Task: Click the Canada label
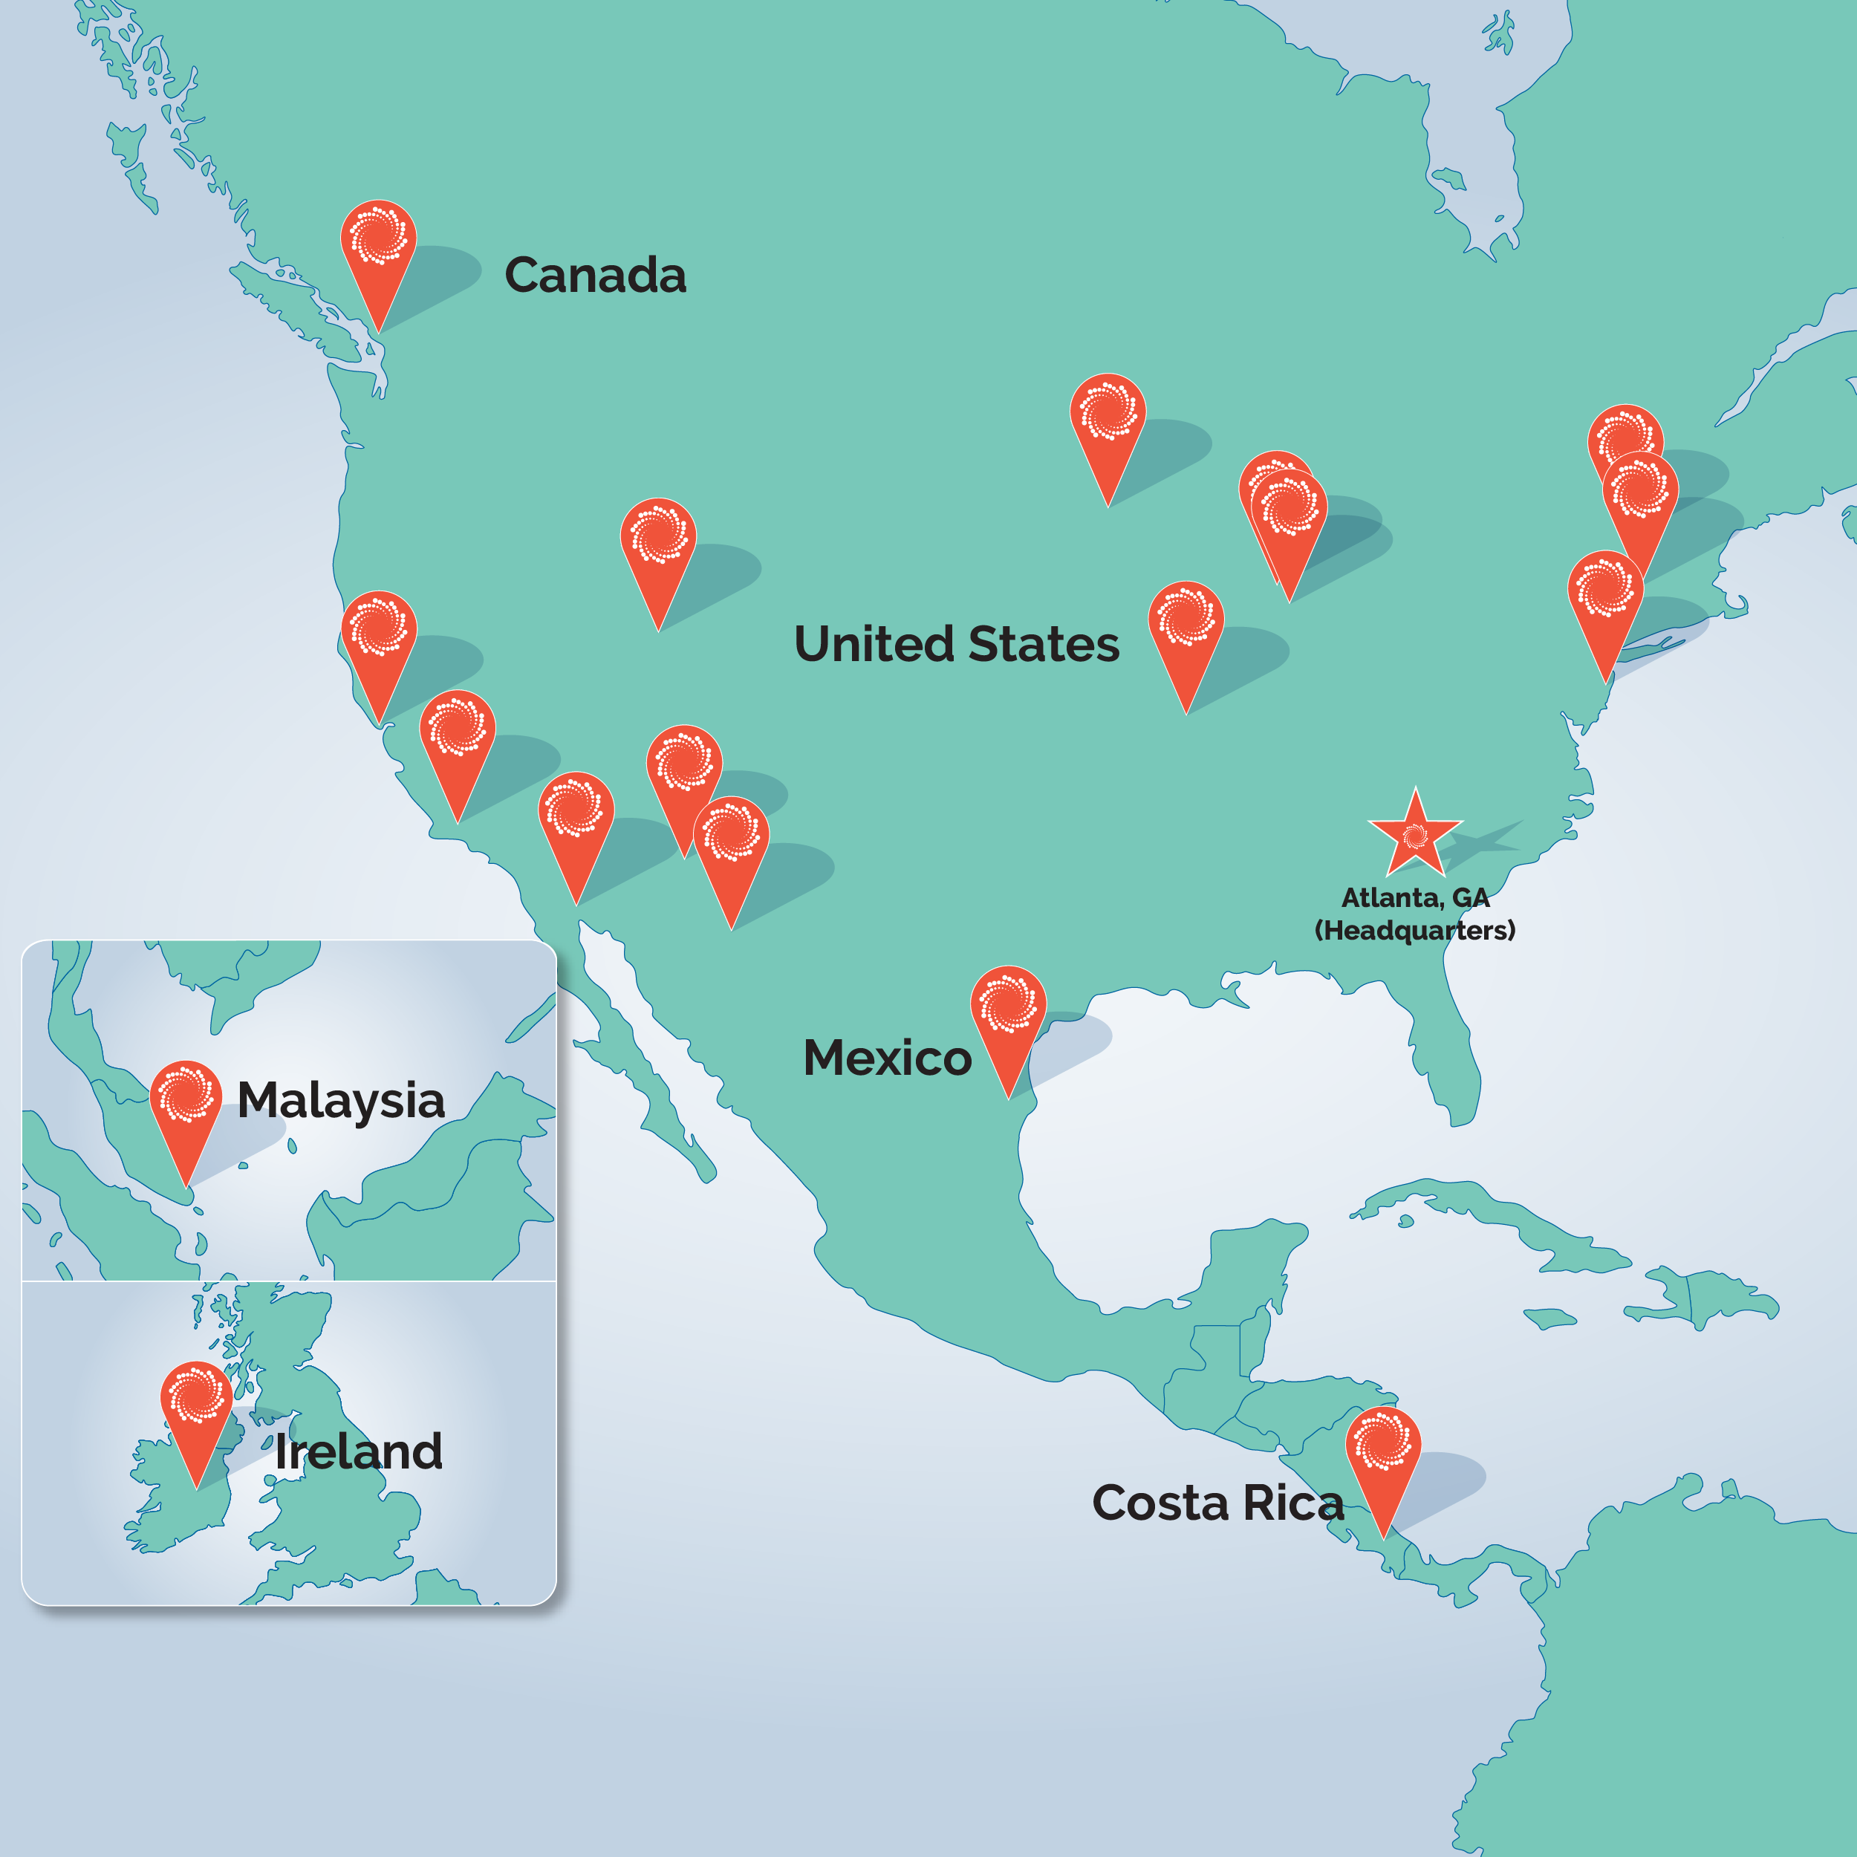(x=595, y=276)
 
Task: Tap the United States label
(x=957, y=644)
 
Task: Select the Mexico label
(x=886, y=1058)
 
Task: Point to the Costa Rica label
(x=1217, y=1503)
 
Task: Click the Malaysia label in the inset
(x=340, y=1101)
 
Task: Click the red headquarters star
(x=1415, y=833)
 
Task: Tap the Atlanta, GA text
(x=1415, y=898)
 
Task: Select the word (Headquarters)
(x=1415, y=931)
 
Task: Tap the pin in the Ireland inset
(x=197, y=1400)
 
